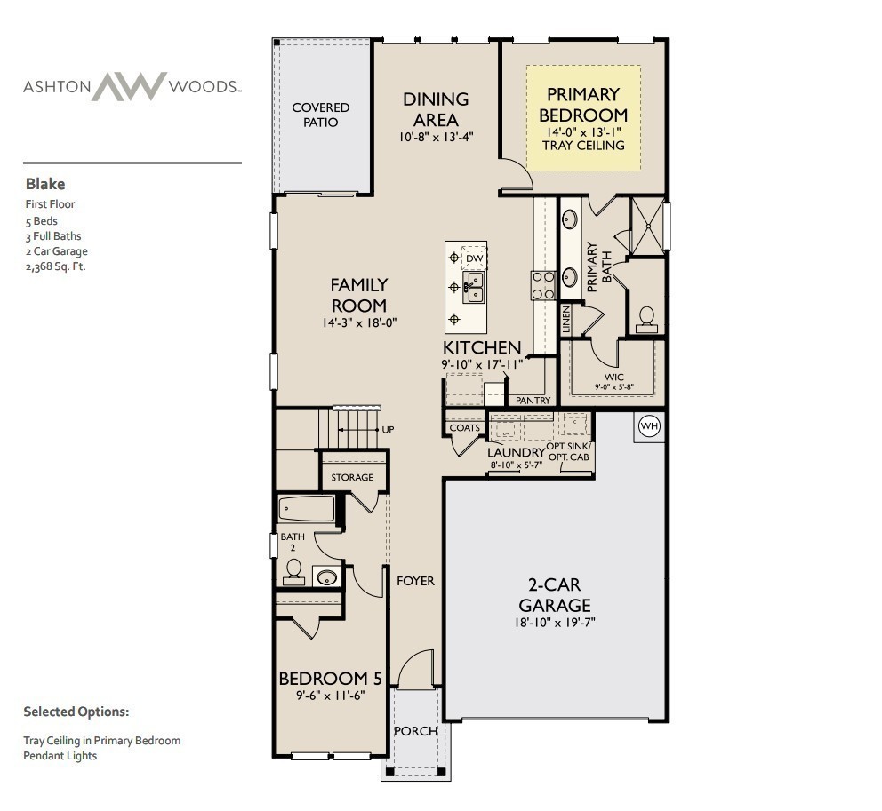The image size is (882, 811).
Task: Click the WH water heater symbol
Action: (649, 427)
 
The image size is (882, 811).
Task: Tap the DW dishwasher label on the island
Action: (475, 258)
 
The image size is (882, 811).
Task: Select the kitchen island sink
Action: (474, 286)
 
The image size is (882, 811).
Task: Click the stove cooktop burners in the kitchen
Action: (543, 285)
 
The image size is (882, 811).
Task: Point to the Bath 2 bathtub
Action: (307, 509)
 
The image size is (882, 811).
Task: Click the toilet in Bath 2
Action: (293, 572)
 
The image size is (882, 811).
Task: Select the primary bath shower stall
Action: (647, 226)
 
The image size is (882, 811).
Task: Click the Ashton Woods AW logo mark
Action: (130, 86)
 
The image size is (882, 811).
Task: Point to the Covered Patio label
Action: (321, 115)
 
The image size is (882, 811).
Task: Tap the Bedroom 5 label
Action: (330, 679)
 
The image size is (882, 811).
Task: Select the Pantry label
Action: (533, 401)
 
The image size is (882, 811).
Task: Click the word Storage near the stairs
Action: (352, 478)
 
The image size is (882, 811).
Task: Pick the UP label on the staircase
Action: (388, 429)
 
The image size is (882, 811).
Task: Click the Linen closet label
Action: (565, 319)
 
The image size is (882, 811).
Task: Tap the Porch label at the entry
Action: (415, 731)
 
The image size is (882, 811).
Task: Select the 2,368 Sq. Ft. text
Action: (55, 266)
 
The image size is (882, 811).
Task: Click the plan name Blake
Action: (44, 185)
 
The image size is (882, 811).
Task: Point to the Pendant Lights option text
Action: (60, 755)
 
